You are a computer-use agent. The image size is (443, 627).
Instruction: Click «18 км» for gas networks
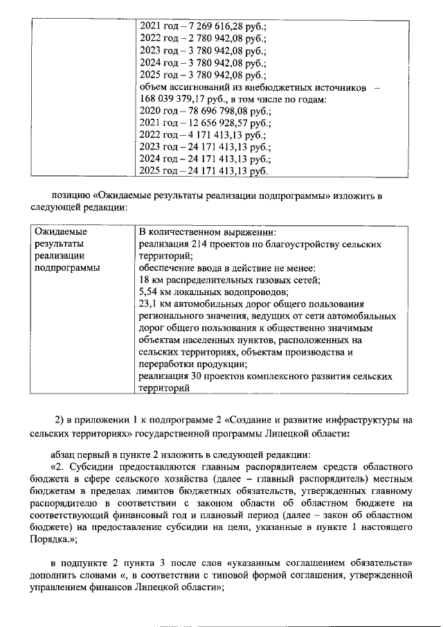(x=151, y=280)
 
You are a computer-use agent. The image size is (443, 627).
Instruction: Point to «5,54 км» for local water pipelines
(x=155, y=292)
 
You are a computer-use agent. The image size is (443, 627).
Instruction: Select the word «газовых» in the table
(x=271, y=280)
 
